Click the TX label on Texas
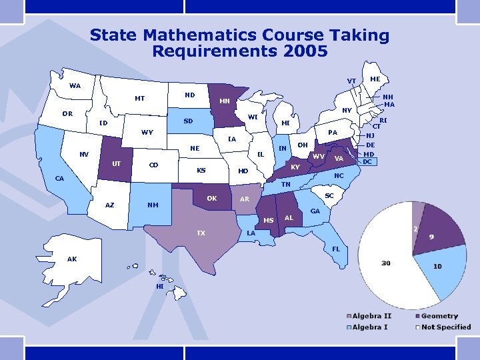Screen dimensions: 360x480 coord(201,233)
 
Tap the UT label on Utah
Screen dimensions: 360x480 coord(116,163)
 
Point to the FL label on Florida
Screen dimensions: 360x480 coord(336,249)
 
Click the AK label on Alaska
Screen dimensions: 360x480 coord(71,259)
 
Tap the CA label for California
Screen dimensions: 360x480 coord(59,179)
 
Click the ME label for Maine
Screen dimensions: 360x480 coord(375,79)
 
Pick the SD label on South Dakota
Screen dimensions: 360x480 coord(189,121)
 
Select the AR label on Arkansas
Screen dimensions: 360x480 coord(245,199)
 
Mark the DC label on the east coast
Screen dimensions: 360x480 coord(367,161)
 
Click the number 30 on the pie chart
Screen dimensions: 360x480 coord(386,263)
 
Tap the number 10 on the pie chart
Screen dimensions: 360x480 coord(437,266)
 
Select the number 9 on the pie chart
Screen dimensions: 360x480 coord(432,237)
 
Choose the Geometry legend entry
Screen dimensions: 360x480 coord(439,315)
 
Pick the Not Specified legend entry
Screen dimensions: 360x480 coord(445,327)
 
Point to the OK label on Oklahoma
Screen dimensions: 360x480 coord(211,198)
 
